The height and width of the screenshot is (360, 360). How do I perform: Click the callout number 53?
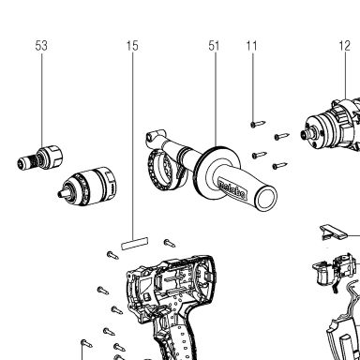click(x=41, y=46)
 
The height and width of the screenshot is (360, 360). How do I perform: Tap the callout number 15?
click(x=132, y=46)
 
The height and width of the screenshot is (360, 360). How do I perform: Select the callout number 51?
click(x=214, y=46)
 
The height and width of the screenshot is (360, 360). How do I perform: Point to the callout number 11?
click(x=251, y=46)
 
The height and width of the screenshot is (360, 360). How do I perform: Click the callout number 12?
click(x=345, y=46)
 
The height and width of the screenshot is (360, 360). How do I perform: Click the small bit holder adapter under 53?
click(x=39, y=157)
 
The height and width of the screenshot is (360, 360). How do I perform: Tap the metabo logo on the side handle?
click(x=232, y=189)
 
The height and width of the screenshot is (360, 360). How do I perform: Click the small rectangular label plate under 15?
click(x=134, y=244)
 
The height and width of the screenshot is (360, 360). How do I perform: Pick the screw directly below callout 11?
click(x=258, y=124)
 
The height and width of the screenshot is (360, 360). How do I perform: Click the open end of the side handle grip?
click(x=266, y=199)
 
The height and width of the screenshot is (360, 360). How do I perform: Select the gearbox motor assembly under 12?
click(x=331, y=125)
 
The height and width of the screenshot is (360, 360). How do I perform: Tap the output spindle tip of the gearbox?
click(x=304, y=135)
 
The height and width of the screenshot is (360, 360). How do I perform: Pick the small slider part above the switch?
click(x=334, y=232)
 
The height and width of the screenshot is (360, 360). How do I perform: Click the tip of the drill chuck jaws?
click(x=60, y=194)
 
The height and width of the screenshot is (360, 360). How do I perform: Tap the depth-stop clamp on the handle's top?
click(x=154, y=135)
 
